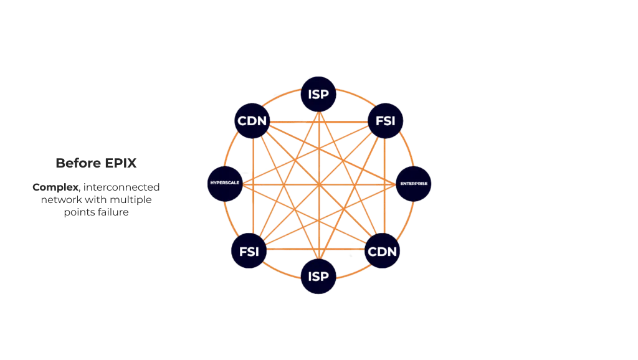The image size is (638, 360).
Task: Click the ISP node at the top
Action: coord(318,95)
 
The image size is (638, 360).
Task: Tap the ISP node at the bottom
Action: coord(318,275)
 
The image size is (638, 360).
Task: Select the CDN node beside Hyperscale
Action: coord(252,120)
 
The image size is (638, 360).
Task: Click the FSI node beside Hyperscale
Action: coord(249,252)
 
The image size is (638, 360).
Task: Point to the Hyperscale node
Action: coord(224,185)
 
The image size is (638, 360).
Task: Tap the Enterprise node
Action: coord(414,185)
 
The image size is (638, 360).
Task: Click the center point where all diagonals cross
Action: coord(318,185)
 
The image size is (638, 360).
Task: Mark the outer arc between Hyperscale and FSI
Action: coord(231,220)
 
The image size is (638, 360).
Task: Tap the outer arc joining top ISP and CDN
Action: coord(283,98)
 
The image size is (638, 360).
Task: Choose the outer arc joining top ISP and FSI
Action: coord(353,98)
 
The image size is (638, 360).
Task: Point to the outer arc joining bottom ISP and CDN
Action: coord(353,271)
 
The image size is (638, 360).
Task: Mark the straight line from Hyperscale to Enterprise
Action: coord(280,185)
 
